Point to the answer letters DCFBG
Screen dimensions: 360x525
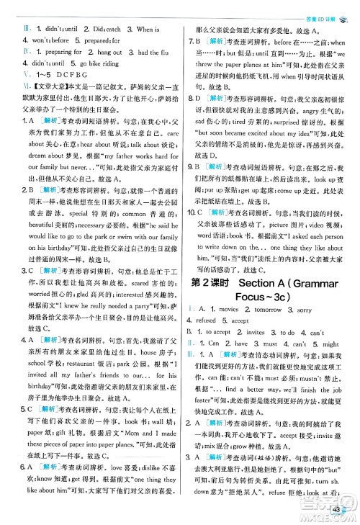point(70,74)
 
